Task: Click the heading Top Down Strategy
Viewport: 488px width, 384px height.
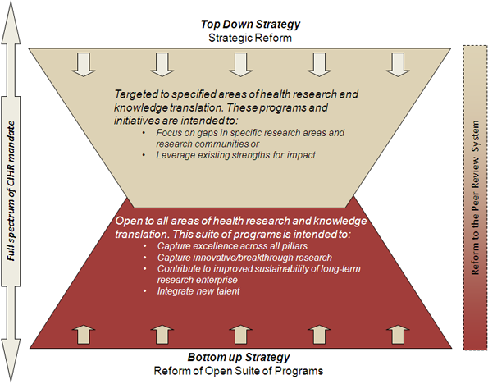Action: [250, 25]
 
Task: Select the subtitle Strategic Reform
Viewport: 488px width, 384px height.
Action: [250, 38]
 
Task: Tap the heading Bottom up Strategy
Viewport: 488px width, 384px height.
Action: [239, 357]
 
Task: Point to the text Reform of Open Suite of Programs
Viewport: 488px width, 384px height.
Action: [239, 371]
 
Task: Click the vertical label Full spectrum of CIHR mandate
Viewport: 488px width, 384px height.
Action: [11, 190]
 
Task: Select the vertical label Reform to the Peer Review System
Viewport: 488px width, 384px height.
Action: [475, 198]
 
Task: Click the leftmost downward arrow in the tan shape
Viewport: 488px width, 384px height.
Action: [84, 65]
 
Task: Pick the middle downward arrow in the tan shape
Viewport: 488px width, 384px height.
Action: [240, 65]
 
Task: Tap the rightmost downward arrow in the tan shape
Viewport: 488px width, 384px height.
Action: [398, 65]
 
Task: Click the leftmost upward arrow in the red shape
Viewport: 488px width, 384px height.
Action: [84, 335]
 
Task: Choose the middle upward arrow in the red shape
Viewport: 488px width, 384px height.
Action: [240, 335]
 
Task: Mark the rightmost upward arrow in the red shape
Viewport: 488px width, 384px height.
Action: [398, 335]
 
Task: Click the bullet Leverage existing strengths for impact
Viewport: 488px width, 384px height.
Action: [235, 155]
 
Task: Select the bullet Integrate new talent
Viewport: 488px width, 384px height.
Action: [198, 291]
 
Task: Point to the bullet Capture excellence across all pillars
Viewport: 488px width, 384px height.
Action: [232, 245]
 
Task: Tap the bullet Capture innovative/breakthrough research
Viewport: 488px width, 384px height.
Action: [244, 258]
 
